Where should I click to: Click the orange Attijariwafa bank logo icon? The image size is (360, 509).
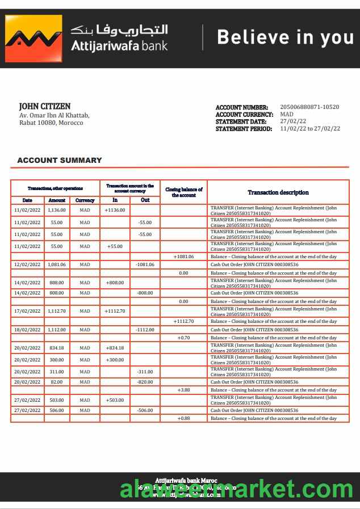34,39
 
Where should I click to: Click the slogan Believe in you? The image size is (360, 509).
285,37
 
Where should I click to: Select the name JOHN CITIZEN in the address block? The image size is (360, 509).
45,106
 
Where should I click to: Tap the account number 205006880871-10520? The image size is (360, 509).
309,107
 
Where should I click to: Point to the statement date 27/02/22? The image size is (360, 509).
293,121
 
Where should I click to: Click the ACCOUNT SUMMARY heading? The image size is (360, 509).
60,160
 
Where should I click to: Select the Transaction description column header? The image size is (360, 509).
278,192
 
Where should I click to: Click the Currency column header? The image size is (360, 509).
85,200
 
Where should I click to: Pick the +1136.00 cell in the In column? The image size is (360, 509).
115,210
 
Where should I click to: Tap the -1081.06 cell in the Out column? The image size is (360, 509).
145,265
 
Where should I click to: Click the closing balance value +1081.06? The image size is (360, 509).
185,256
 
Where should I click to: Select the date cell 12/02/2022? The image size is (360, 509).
27,265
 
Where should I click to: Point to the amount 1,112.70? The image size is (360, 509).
57,311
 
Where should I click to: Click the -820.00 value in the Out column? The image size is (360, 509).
145,382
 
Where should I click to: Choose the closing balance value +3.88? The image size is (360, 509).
183,390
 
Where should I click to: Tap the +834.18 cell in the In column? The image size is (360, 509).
115,348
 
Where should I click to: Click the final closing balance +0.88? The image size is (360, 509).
183,418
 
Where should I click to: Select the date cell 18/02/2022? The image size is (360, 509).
27,330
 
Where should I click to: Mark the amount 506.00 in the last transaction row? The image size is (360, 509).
57,410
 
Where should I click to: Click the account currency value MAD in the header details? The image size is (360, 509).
287,114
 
